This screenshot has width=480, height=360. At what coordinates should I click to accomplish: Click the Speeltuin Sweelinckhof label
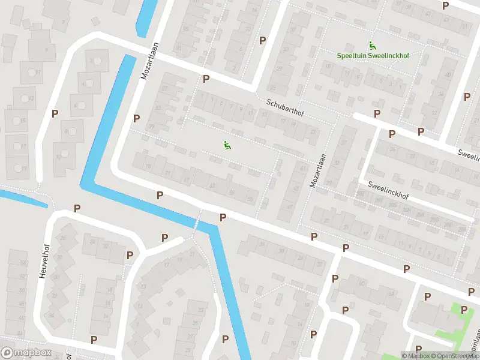[x=372, y=56]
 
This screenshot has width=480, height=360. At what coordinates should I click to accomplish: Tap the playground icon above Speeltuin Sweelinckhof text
[x=372, y=44]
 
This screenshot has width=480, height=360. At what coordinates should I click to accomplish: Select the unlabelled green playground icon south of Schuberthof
[x=227, y=145]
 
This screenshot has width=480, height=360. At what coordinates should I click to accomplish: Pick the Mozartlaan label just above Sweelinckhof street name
[x=317, y=170]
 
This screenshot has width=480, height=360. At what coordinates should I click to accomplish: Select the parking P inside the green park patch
[x=464, y=310]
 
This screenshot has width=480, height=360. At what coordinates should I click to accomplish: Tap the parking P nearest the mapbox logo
[x=94, y=340]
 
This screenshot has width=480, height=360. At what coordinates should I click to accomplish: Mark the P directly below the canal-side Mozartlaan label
[x=137, y=119]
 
